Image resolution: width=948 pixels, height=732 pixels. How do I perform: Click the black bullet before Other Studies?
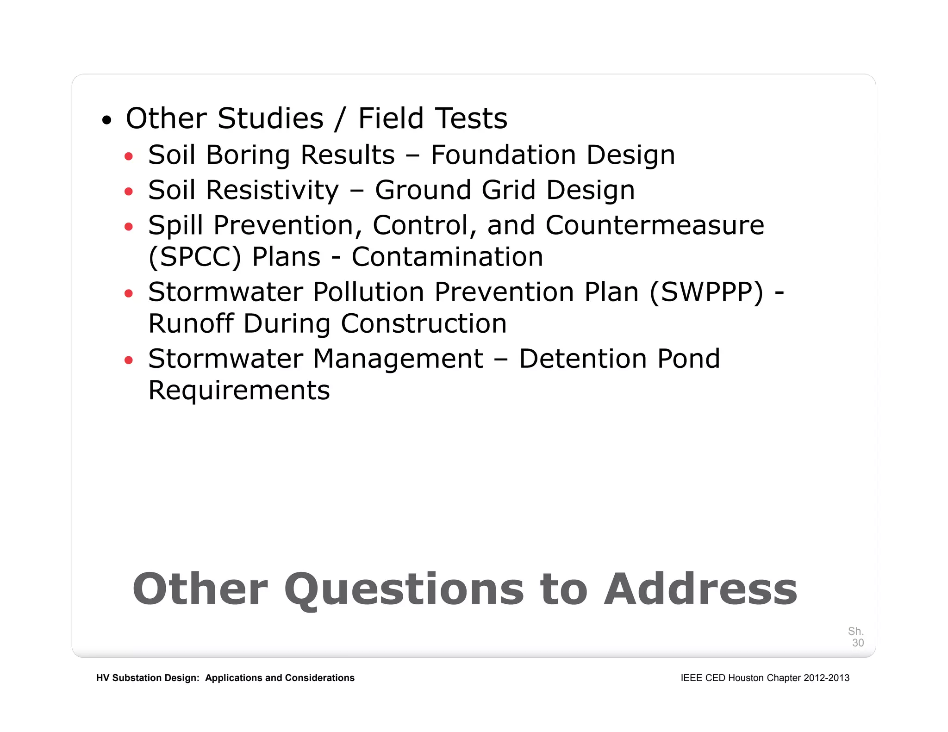click(107, 121)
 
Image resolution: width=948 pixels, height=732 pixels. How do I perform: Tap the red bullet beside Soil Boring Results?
click(129, 156)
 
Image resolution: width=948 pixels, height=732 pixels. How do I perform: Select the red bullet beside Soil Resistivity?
click(129, 192)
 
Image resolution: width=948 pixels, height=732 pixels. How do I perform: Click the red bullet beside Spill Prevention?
click(129, 227)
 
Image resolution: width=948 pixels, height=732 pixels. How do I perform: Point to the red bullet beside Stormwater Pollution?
click(129, 293)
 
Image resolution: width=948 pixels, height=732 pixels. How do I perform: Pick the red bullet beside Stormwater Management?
click(129, 360)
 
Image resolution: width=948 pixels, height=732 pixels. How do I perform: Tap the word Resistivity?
click(272, 190)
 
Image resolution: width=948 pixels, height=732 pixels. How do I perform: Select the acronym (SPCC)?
click(195, 257)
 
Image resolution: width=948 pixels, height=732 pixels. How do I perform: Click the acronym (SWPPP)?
click(706, 292)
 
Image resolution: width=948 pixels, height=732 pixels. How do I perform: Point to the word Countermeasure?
click(655, 225)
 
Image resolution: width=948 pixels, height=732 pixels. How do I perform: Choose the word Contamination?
click(447, 257)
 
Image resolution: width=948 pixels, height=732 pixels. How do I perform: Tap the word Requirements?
click(239, 391)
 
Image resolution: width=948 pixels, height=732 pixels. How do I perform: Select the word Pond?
click(688, 359)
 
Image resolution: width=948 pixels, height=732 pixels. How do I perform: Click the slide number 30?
click(858, 643)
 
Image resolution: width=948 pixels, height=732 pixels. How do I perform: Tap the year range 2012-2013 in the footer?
click(826, 678)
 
